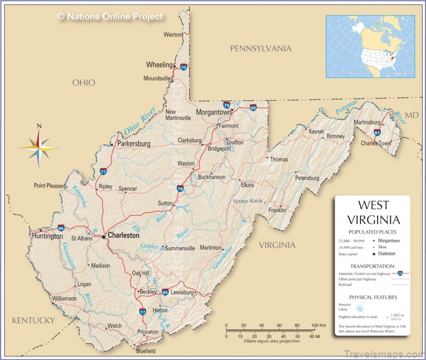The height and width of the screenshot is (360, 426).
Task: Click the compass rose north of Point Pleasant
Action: pos(39,146)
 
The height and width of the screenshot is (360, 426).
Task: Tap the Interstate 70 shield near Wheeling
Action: pos(184,68)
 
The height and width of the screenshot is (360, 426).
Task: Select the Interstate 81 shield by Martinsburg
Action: pos(377,132)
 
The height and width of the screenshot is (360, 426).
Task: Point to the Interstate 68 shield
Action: pos(253,108)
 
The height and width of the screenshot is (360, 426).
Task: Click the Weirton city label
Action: pos(174,35)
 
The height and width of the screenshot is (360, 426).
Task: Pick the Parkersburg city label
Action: pos(134,144)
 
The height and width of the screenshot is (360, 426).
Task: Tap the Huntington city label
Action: pos(47,236)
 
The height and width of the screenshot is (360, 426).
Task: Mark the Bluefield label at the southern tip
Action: pos(145,351)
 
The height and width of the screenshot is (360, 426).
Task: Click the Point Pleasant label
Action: pos(49,185)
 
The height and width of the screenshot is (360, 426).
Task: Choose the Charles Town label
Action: pos(376,143)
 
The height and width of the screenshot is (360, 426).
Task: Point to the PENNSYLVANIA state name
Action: pos(261,49)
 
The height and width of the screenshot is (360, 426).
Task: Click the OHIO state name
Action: pos(84,83)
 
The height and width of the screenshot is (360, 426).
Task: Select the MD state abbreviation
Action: pos(412,115)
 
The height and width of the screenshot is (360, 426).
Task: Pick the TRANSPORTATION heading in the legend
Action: pos(372,266)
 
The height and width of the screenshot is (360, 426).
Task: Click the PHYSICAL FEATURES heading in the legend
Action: pos(372,297)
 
